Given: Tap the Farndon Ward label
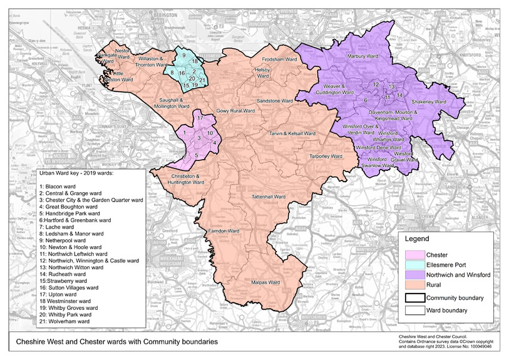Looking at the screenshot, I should pyautogui.click(x=225, y=231).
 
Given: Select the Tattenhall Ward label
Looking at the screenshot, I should pyautogui.click(x=268, y=196).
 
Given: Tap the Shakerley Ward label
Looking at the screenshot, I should pyautogui.click(x=428, y=101).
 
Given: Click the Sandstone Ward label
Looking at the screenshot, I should pyautogui.click(x=277, y=100).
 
